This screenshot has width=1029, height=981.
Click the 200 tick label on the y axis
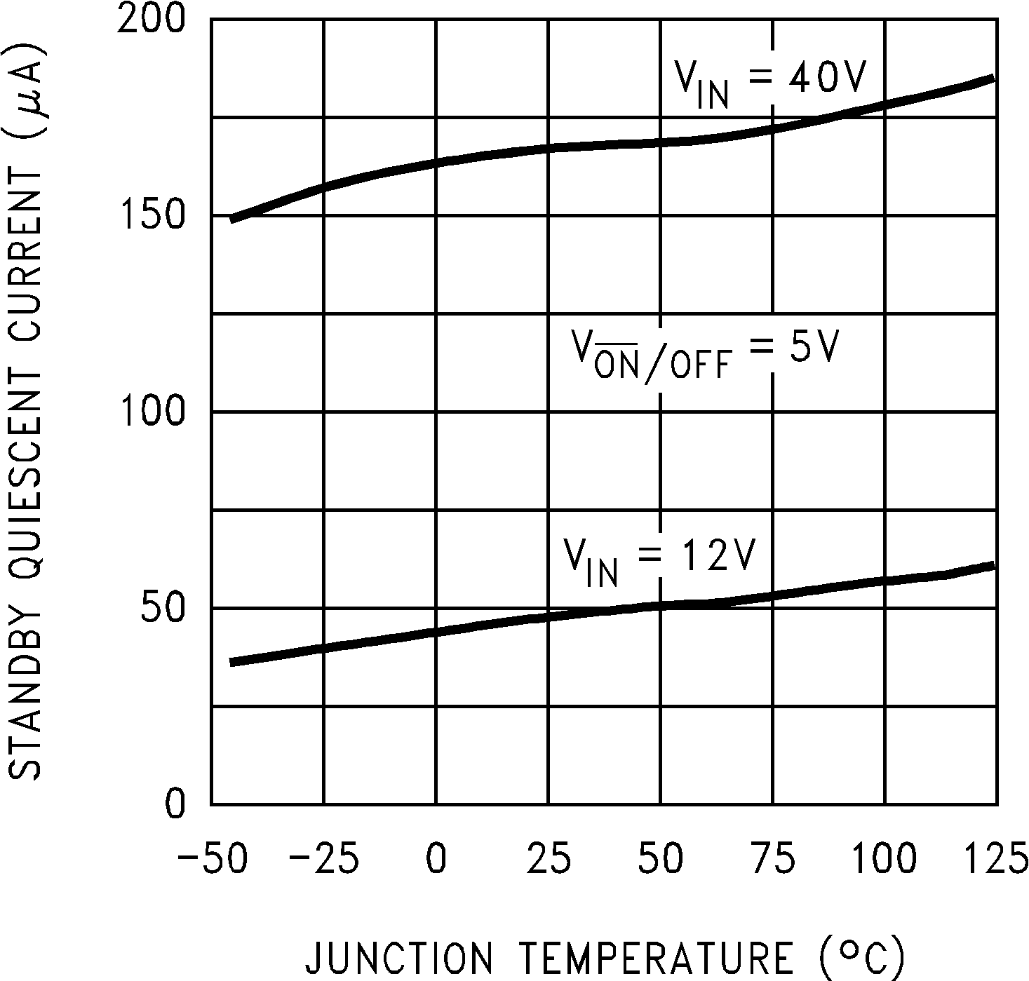point(151,20)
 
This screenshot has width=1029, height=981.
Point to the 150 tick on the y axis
point(151,216)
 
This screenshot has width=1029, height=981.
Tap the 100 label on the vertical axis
point(151,412)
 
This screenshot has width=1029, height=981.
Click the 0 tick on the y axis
point(175,804)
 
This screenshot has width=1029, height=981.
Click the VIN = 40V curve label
point(769,83)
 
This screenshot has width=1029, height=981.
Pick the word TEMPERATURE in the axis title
point(657,956)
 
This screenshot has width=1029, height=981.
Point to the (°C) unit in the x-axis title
point(861,956)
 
